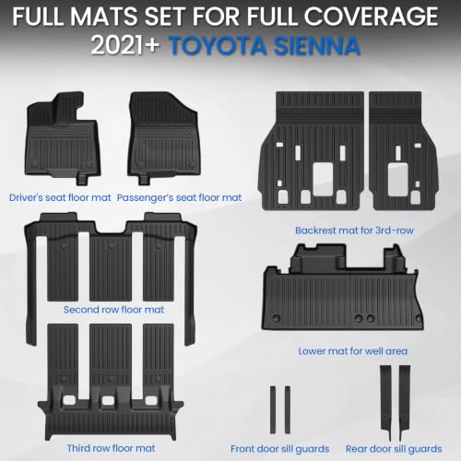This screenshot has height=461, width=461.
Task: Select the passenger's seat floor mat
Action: point(164,138)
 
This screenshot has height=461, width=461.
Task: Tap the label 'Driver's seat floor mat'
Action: point(60,197)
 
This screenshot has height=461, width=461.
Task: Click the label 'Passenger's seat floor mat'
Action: point(179,197)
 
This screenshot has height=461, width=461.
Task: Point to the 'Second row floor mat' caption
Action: point(113,310)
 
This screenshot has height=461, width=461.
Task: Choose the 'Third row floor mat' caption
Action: point(111,448)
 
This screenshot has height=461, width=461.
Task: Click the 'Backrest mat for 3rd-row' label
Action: point(354,230)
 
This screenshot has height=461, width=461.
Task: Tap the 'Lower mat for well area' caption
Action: point(353,351)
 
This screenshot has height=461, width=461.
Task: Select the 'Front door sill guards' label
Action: point(279,449)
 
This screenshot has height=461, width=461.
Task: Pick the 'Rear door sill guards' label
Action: point(394,449)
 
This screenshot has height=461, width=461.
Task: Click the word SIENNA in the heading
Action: point(317,46)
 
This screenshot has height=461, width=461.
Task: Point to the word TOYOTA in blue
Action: point(219,46)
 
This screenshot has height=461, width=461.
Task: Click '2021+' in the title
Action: point(124,46)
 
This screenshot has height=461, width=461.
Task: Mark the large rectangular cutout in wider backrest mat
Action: point(323,179)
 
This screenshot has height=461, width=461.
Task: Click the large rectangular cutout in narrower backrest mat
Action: point(398,179)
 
